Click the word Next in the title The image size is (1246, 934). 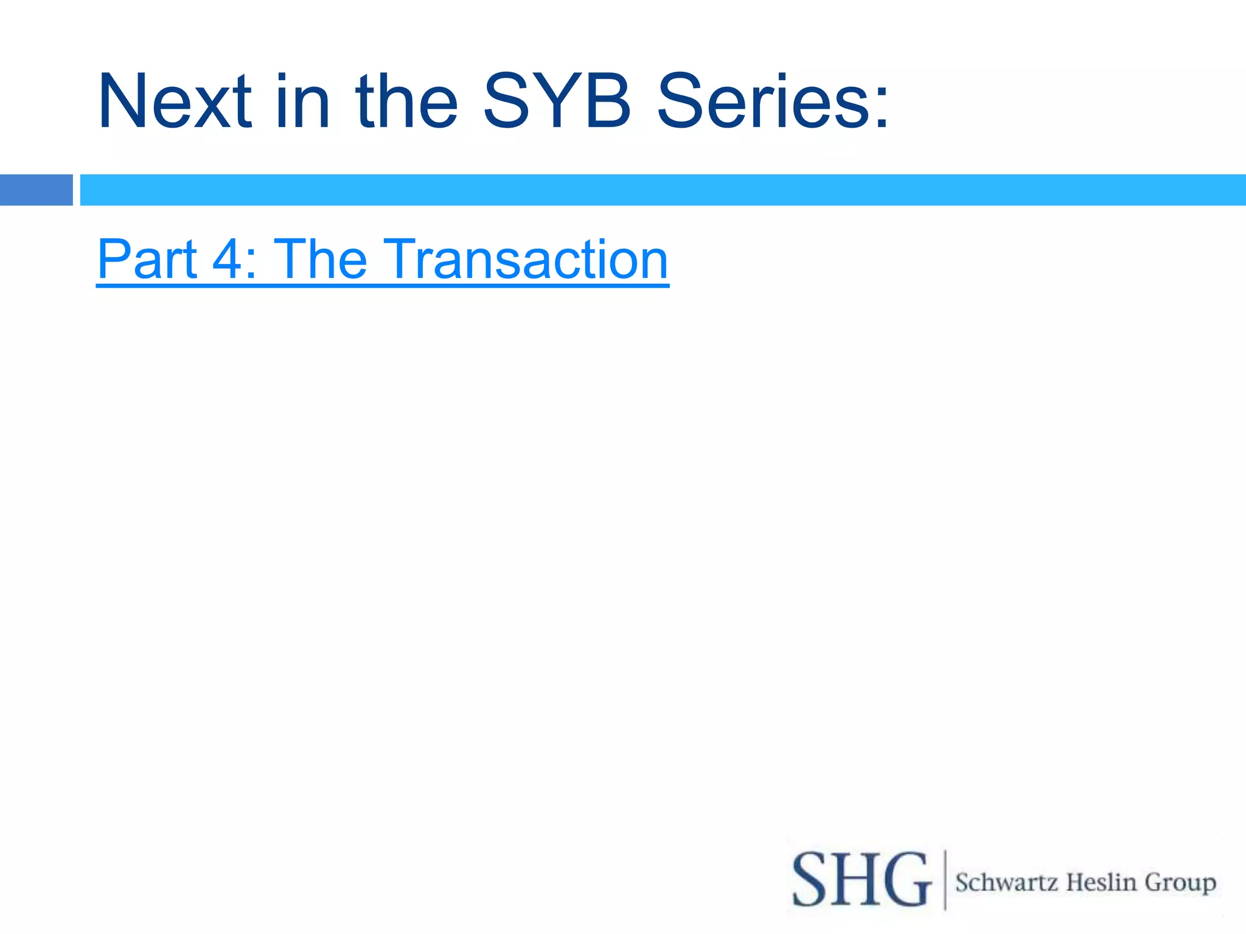175,101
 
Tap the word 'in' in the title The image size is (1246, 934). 302,101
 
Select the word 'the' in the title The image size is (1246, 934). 406,101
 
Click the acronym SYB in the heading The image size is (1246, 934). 557,101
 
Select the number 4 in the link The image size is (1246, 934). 228,260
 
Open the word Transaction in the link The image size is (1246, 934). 526,259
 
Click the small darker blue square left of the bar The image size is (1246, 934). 36,190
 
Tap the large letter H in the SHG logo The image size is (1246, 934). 859,880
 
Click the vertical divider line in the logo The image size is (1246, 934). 945,880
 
